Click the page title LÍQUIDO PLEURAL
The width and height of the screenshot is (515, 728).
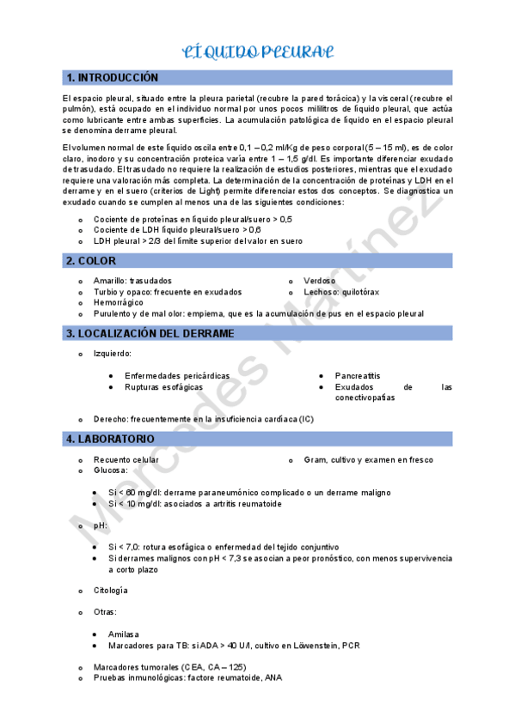pos(257,52)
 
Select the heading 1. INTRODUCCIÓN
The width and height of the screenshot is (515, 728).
pos(113,77)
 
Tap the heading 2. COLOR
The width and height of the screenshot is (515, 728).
pos(90,260)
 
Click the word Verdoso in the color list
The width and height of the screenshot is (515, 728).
pos(320,281)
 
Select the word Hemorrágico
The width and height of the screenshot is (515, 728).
pos(119,303)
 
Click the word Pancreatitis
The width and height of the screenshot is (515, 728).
pos(358,376)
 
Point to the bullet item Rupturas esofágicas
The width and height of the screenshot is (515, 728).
pos(163,387)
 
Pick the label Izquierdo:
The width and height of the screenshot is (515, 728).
pos(113,353)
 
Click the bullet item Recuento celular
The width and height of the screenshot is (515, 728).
pos(126,459)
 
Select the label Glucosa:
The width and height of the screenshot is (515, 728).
pos(111,470)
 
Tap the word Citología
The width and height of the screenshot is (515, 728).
pos(111,591)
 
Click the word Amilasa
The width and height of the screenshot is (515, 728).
pos(123,634)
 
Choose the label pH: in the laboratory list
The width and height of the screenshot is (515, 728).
pos(101,525)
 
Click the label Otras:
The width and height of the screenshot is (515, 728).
pos(106,612)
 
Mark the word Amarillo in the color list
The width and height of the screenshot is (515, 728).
pos(111,281)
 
